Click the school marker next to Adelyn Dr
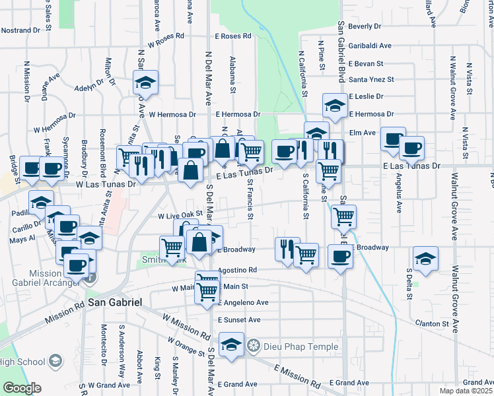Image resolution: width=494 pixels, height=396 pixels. click(x=144, y=83)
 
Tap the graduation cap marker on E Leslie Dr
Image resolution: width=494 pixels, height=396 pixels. click(x=335, y=106)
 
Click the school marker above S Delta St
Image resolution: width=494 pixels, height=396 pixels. click(x=426, y=260)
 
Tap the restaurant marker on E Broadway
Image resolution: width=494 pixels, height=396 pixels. click(x=287, y=249)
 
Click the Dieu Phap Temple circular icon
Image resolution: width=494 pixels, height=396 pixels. click(x=252, y=346)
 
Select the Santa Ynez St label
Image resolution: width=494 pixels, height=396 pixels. click(x=371, y=80)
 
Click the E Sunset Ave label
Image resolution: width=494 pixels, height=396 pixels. click(x=239, y=319)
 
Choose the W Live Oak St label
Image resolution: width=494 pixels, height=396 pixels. click(x=179, y=215)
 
